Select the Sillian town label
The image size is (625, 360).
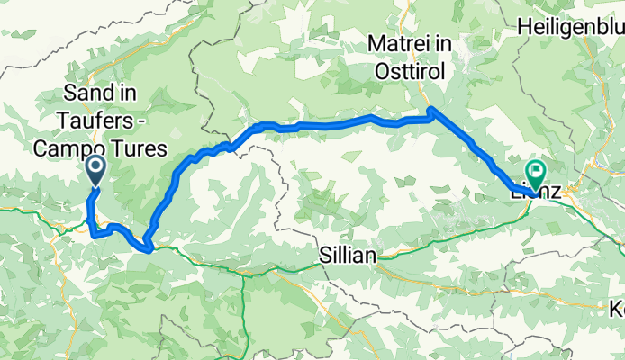(x=348, y=256)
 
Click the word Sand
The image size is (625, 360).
(x=84, y=94)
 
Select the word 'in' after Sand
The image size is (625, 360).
(x=117, y=94)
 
